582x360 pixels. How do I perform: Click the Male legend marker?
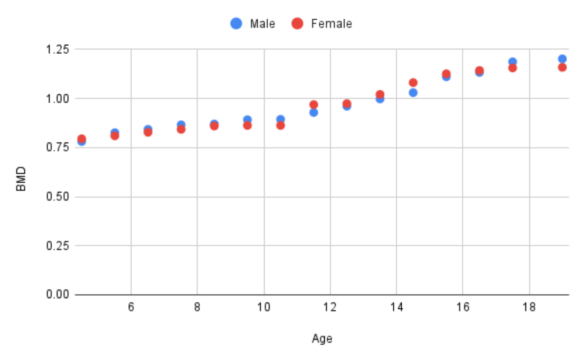[x=236, y=23]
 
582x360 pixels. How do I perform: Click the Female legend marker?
[x=297, y=23]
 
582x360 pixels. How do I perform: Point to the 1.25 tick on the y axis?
[x=59, y=49]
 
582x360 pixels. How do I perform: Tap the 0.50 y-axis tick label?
[x=59, y=197]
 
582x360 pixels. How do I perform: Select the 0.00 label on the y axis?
[x=59, y=294]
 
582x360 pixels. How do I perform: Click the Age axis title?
[x=322, y=338]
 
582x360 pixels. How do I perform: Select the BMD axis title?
[x=21, y=179]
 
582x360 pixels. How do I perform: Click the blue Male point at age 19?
[x=562, y=59]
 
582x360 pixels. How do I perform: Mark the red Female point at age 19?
[x=562, y=67]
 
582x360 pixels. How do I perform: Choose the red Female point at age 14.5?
[x=413, y=83]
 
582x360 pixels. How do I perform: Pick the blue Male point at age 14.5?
[x=413, y=92]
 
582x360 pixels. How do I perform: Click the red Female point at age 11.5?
[x=313, y=105]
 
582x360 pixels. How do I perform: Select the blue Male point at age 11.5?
[x=313, y=112]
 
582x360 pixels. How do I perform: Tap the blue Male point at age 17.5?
[x=513, y=61]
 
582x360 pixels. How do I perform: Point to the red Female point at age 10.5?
[x=280, y=125]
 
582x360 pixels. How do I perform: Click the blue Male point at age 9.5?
[x=247, y=119]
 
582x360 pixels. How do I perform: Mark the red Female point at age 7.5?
[x=181, y=129]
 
